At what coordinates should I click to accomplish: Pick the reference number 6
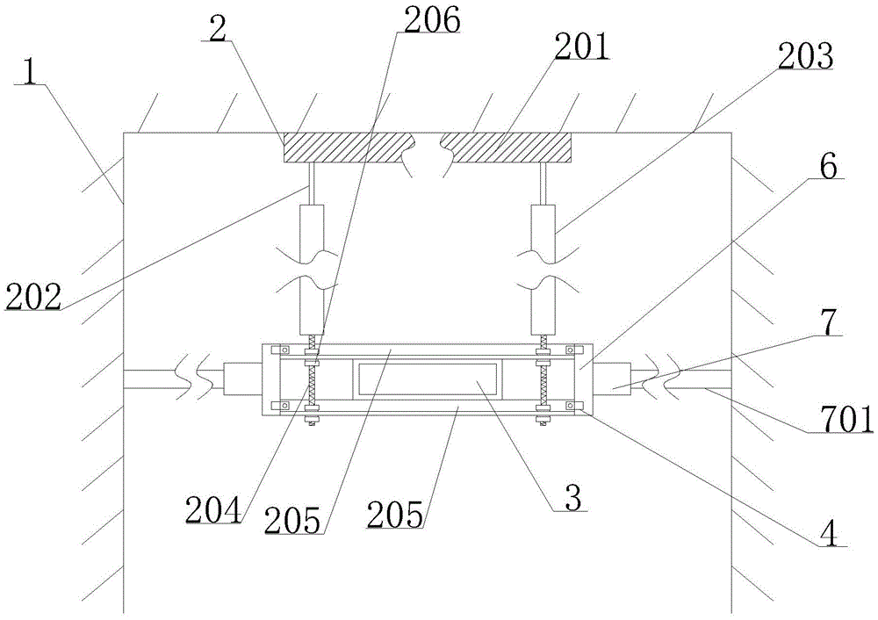830,166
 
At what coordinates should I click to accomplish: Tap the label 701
845,420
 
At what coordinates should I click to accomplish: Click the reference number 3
572,498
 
